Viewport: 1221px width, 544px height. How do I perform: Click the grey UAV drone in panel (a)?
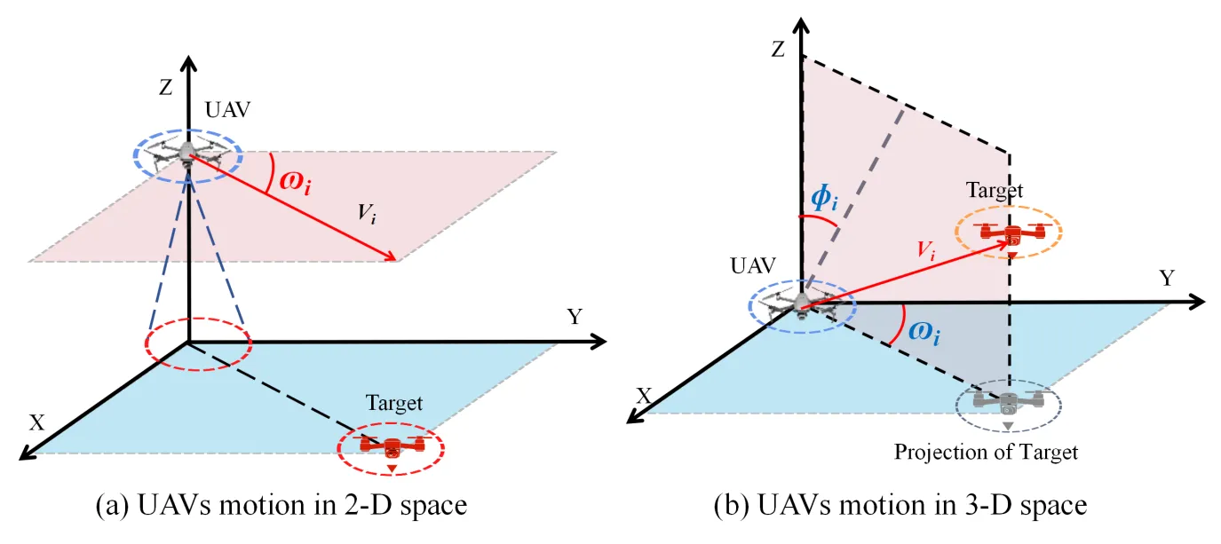coord(187,157)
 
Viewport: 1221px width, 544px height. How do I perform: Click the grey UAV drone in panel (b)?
coord(802,304)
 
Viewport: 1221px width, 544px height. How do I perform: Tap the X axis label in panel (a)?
coord(36,422)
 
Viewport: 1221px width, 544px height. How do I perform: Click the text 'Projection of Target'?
coord(986,452)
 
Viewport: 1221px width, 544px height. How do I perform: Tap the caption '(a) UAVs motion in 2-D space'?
coord(281,506)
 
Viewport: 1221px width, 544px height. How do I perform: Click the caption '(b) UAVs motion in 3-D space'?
coord(900,506)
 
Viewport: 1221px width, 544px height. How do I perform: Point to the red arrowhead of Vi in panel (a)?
coord(392,257)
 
